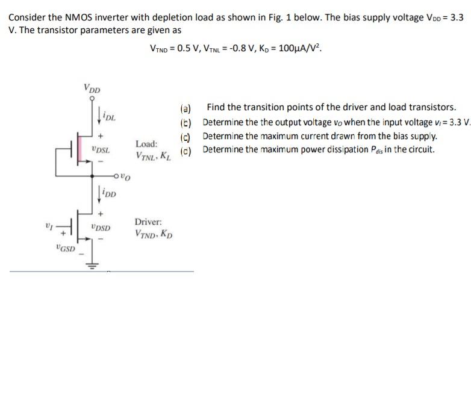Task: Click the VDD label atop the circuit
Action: pos(92,90)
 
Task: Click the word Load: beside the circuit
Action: pos(147,144)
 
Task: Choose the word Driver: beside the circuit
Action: pos(149,222)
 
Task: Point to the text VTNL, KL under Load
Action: pos(154,156)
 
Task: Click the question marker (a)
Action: pos(186,108)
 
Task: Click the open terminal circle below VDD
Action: pos(92,98)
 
